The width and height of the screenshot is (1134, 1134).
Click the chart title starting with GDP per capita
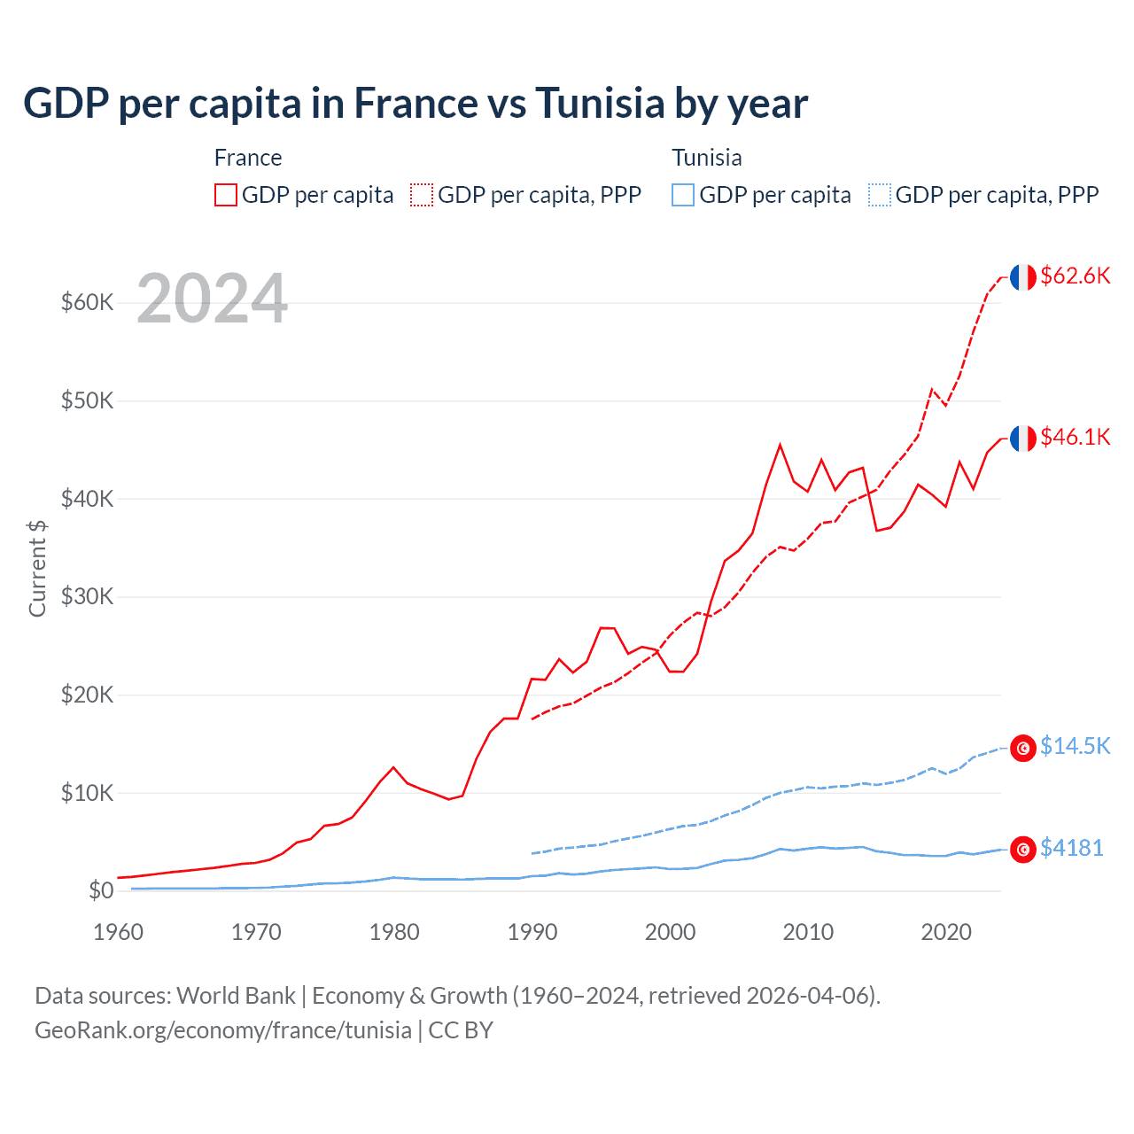tap(415, 104)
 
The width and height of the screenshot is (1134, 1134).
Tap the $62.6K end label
tap(1075, 276)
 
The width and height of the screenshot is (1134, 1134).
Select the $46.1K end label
tap(1075, 437)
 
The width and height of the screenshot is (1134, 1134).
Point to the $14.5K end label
tap(1075, 746)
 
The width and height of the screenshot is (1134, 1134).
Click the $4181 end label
tap(1071, 848)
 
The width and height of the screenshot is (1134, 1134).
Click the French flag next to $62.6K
tap(1023, 277)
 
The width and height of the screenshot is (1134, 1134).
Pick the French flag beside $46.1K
tap(1023, 439)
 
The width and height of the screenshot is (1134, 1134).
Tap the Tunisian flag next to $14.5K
tap(1023, 748)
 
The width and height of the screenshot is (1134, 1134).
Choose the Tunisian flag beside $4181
tap(1023, 849)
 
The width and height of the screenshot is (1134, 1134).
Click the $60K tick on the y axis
tap(87, 303)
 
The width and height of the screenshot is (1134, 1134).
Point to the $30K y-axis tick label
tap(87, 597)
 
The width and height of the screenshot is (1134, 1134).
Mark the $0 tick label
tap(100, 890)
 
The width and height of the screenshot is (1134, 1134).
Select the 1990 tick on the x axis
tap(532, 932)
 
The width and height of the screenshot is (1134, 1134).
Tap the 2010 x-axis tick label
tap(808, 932)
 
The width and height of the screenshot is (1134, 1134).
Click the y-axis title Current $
tap(37, 568)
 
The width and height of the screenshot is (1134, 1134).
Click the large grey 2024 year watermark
tap(212, 299)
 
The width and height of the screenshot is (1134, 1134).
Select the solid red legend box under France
tap(226, 195)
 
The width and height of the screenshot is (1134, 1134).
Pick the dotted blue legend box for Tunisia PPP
tap(880, 195)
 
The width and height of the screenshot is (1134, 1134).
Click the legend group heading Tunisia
tap(706, 158)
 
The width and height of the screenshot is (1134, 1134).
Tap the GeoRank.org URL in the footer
tap(223, 1030)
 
